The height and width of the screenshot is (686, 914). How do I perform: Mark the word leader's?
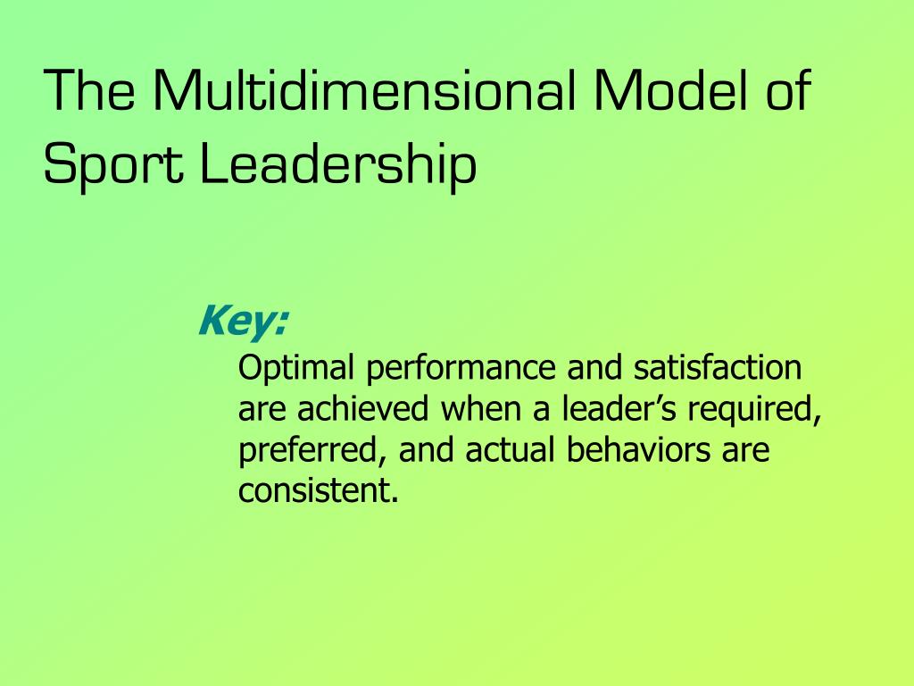(x=608, y=409)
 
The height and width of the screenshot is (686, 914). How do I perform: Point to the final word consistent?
(x=317, y=491)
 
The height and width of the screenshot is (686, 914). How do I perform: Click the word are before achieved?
(x=264, y=411)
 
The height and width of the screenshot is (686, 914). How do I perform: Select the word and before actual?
(x=428, y=450)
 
